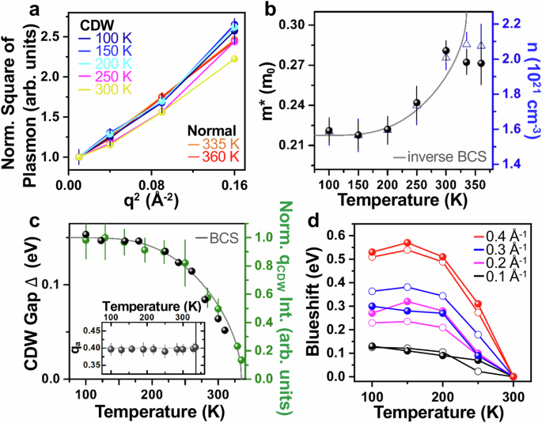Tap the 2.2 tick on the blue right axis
pyautogui.click(x=506, y=23)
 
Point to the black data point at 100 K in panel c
pyautogui.click(x=86, y=234)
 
